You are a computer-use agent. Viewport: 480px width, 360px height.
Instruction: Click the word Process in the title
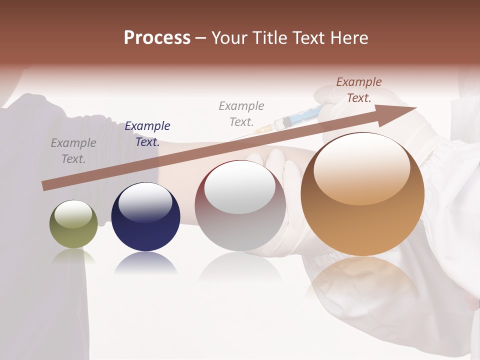(x=157, y=38)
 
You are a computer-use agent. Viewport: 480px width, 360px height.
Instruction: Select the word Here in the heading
(x=347, y=38)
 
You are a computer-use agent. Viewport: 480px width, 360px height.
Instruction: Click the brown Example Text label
(x=359, y=90)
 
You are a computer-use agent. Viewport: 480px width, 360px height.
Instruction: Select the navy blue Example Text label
(x=147, y=134)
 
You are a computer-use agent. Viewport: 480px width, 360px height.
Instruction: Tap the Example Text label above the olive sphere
(x=73, y=151)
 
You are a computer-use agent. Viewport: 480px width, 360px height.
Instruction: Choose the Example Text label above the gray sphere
(x=241, y=113)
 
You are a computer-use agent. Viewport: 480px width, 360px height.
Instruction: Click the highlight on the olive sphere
(x=73, y=214)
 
